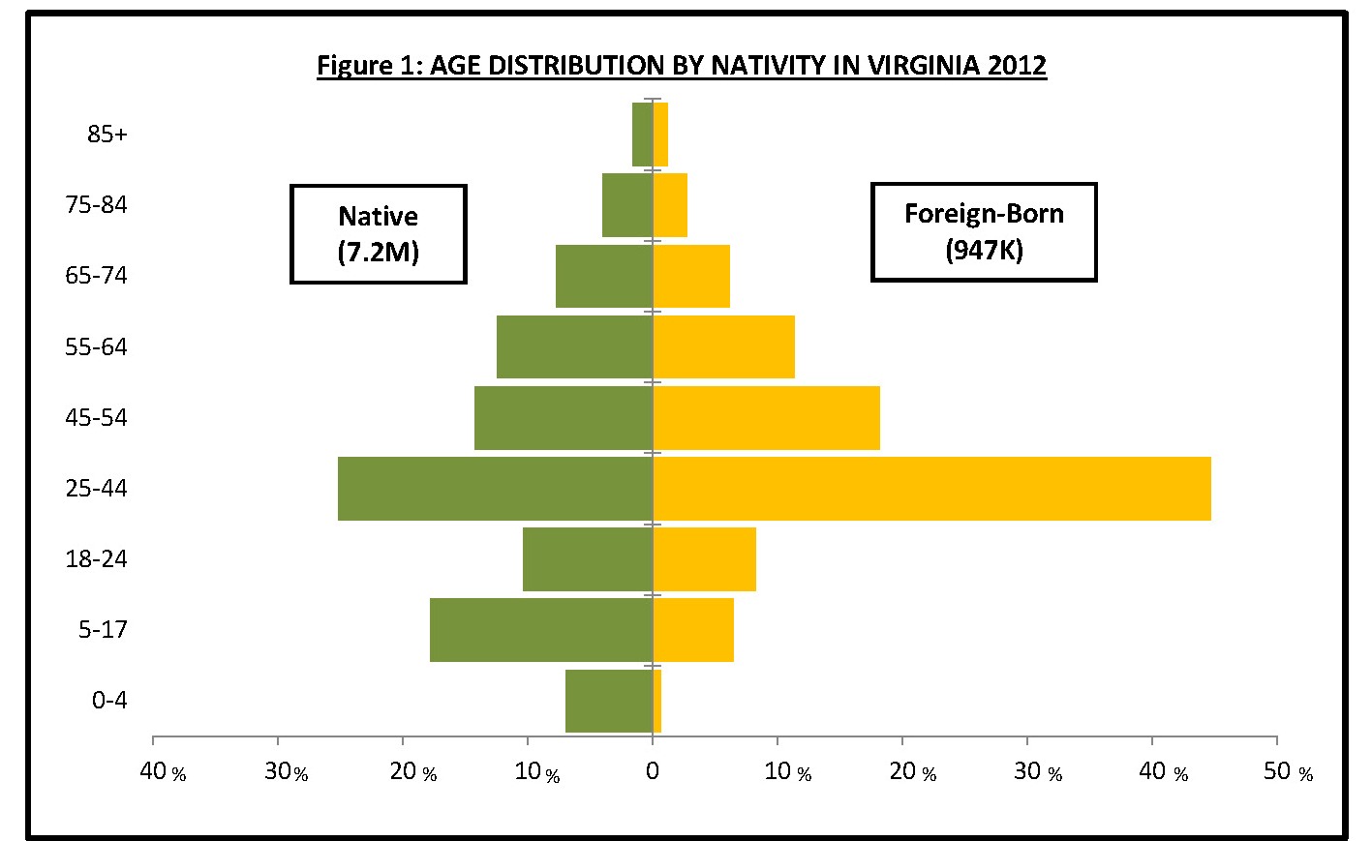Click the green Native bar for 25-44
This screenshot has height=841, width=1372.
coord(495,489)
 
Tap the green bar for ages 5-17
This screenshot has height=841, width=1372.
coord(541,630)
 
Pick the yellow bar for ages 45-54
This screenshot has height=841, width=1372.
coord(766,418)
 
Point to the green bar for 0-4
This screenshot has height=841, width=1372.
coord(609,701)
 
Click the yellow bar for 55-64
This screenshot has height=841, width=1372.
coord(723,346)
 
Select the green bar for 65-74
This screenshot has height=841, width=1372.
coord(604,276)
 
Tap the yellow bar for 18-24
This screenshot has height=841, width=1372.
coord(704,559)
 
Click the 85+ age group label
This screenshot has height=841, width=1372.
coord(107,135)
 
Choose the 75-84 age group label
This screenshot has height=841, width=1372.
coord(96,205)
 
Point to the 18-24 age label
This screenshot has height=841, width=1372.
coord(96,559)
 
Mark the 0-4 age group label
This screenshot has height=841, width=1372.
coord(109,701)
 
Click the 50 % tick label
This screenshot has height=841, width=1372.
coord(1288,771)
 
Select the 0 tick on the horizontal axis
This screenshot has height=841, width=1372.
coord(653,771)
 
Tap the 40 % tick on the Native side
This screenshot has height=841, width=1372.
coord(162,771)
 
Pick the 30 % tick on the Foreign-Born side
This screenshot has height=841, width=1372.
coord(1038,771)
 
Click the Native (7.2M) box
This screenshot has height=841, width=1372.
coord(379,234)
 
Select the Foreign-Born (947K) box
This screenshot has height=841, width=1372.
coord(984,232)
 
